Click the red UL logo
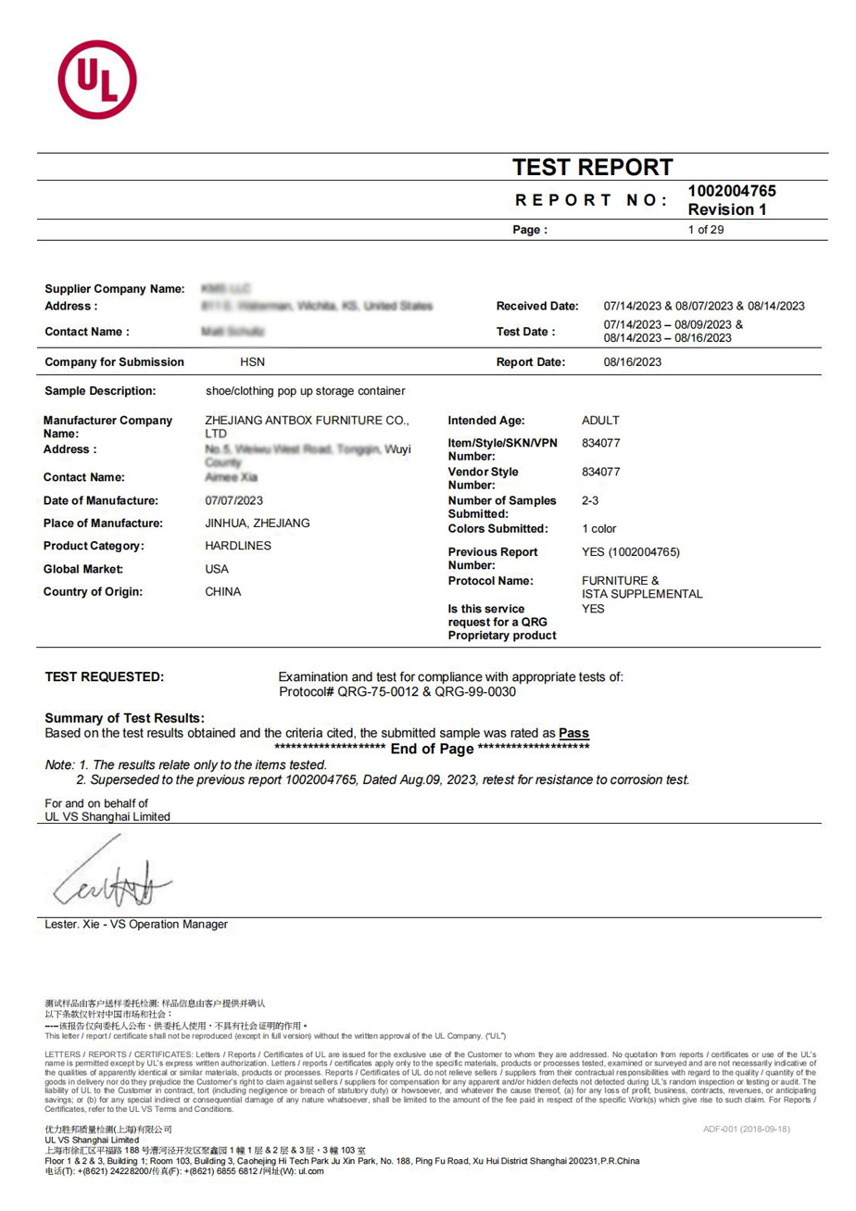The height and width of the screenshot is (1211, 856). point(97,80)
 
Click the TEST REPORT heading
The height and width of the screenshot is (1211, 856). point(593,168)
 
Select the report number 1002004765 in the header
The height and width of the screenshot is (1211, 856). point(732,192)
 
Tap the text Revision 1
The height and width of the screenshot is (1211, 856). point(727,209)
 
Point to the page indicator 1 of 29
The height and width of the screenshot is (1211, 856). point(706,230)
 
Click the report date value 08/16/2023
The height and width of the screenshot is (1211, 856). point(633,362)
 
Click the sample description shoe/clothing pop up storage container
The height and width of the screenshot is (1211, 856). point(305,391)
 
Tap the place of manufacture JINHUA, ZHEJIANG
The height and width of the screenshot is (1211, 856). point(257,524)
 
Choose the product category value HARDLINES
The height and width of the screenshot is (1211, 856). point(238,546)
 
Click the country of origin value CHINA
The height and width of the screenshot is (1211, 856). point(222,591)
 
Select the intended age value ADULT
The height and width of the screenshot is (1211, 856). point(600,421)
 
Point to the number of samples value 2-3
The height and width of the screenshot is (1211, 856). point(590,500)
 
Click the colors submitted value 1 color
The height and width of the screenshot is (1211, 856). point(598,529)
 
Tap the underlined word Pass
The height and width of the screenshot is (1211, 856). point(573,733)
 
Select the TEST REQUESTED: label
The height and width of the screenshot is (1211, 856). point(105,676)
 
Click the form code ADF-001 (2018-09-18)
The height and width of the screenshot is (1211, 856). point(747,1129)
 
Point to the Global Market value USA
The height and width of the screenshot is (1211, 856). point(217,569)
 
